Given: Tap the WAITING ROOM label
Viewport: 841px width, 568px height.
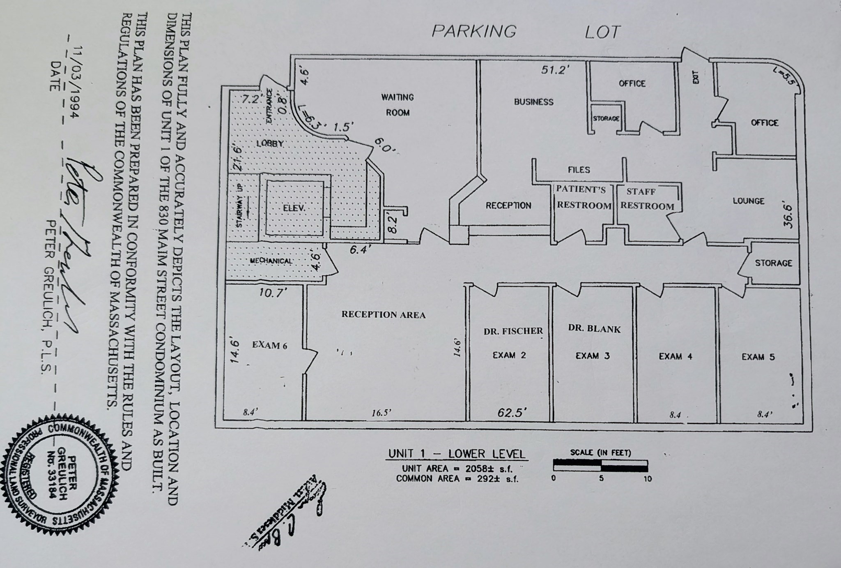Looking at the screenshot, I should point(397,105).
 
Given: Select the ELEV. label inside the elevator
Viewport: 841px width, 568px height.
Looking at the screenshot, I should point(294,208).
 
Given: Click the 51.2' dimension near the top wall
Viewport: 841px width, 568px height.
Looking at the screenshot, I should point(555,69).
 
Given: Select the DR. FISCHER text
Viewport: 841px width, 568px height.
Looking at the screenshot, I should point(513,331).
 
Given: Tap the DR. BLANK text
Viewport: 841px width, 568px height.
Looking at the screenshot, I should point(594,329).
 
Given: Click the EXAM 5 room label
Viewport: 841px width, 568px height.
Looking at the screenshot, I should point(758,357).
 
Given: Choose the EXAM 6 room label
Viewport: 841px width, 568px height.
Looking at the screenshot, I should point(269,345).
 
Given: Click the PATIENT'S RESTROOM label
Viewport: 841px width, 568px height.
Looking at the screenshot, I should point(583,198).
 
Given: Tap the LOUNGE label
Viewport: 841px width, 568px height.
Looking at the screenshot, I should point(748,201).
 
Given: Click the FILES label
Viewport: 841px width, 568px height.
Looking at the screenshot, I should point(579,170).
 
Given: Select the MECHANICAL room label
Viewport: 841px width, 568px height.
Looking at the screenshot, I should point(271,261).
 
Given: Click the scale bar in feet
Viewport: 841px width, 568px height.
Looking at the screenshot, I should point(600,466).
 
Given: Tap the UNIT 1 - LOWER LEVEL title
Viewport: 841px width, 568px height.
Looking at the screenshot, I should point(457,454).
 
